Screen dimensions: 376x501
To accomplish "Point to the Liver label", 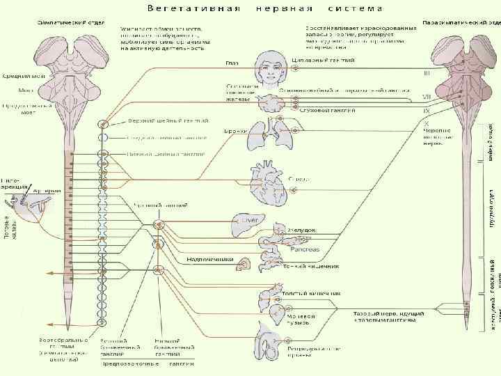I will pos(248,220).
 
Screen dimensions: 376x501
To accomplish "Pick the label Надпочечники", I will pos(209,260).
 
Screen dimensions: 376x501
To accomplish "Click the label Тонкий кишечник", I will pos(310,266).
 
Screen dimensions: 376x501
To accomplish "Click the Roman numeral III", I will pos(427,72).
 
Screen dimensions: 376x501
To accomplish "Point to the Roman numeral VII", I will pos(427,97).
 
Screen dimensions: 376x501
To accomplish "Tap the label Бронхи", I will pos(233,131).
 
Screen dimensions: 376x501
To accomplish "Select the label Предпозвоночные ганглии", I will pos(148,363).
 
